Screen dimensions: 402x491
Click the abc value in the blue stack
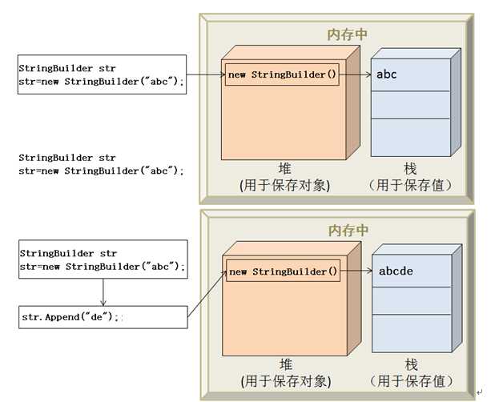click(387, 74)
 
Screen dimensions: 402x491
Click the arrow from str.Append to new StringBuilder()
click(207, 294)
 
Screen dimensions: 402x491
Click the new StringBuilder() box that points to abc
click(282, 74)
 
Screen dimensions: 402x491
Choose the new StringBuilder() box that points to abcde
click(283, 271)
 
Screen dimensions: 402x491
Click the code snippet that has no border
click(102, 164)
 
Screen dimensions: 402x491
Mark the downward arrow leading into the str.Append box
click(103, 289)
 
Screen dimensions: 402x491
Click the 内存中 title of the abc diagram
click(348, 34)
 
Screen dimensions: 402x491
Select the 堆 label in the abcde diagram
click(284, 364)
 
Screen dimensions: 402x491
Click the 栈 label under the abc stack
click(411, 169)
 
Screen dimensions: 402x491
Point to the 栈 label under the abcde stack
click(411, 364)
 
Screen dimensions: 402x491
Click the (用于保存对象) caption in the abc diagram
click(284, 186)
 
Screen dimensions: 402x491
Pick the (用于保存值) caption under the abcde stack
click(411, 381)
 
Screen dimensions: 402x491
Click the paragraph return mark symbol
click(479, 392)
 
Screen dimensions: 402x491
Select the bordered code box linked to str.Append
click(102, 259)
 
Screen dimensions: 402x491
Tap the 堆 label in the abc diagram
click(284, 169)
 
